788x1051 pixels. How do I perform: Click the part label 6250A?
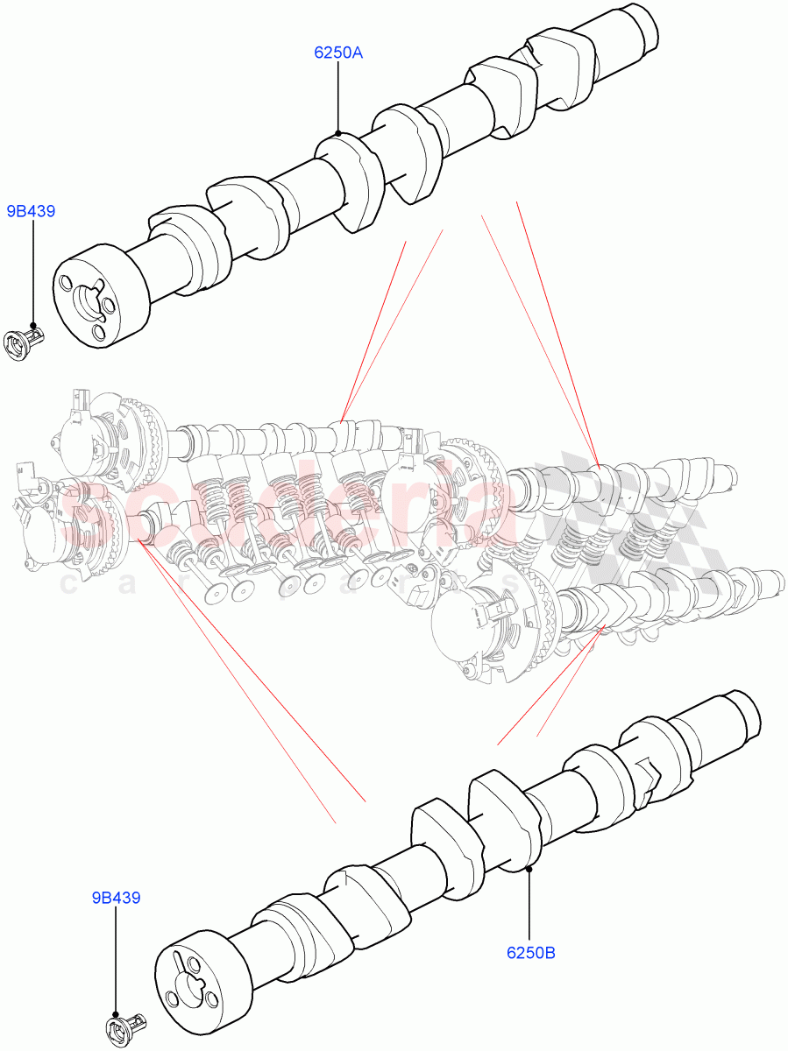tap(338, 53)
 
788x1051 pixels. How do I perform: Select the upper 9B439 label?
tap(32, 211)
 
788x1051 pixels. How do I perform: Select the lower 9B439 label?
tap(117, 898)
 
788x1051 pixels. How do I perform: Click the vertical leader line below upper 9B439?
tap(32, 272)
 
